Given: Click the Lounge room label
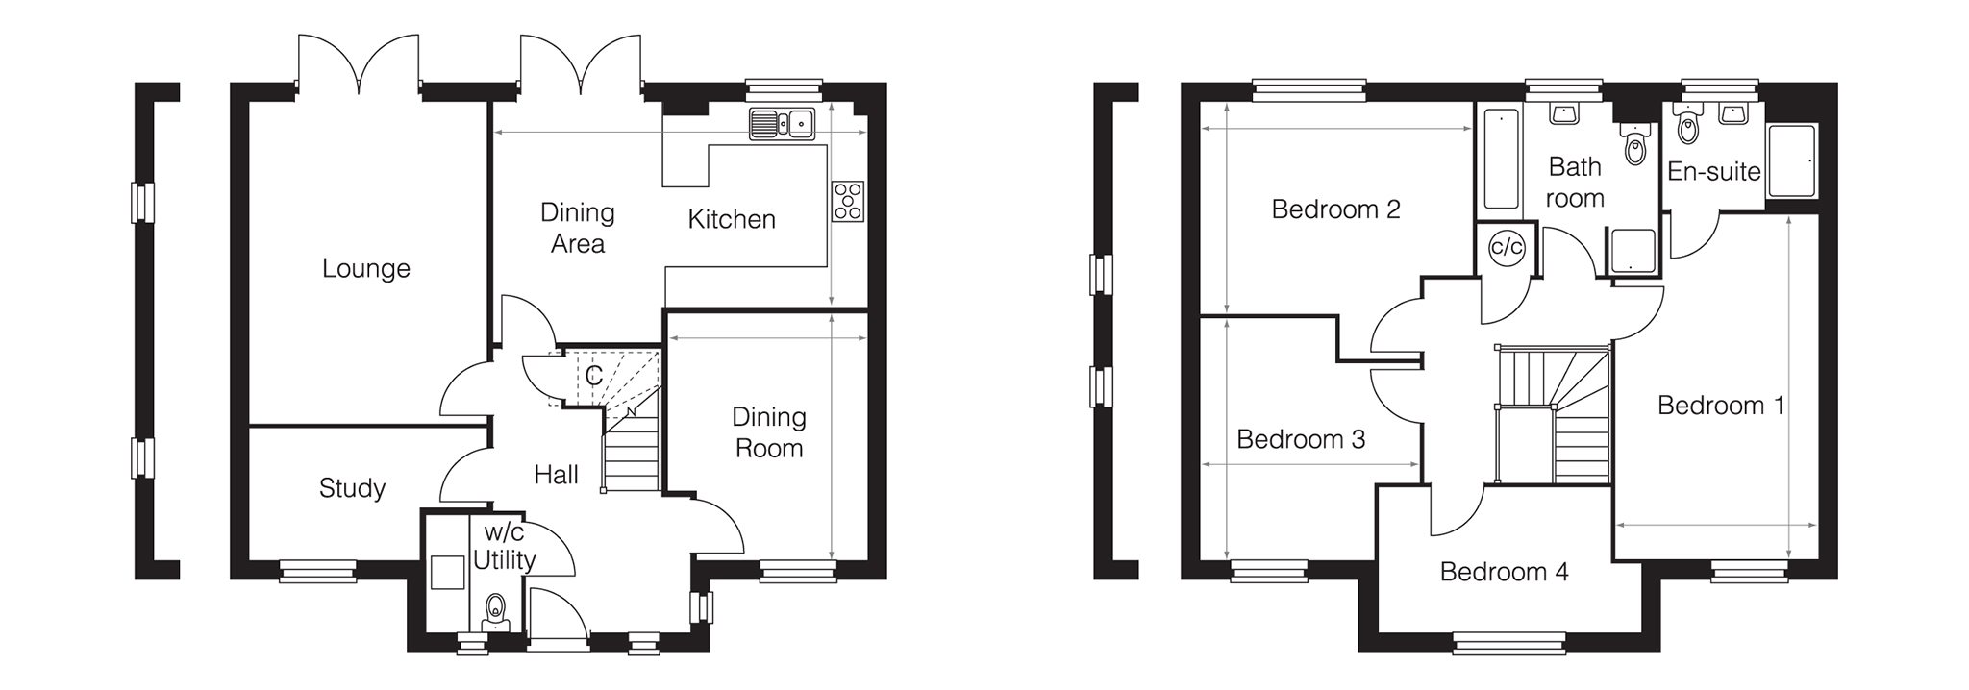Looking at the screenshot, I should click(x=365, y=268).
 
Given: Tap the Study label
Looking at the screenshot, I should click(x=352, y=488).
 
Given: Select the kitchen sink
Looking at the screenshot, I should click(x=782, y=123).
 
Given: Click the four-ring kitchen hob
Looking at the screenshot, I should click(x=848, y=202).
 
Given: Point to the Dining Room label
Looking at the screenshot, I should click(x=768, y=432).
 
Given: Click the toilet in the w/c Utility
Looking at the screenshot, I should click(x=495, y=608).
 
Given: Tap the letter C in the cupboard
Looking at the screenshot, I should click(x=593, y=376).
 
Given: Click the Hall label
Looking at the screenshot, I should click(x=556, y=474).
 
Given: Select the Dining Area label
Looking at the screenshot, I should click(x=577, y=228).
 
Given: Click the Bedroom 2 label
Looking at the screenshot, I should click(x=1335, y=209).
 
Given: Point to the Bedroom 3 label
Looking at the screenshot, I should click(x=1301, y=439).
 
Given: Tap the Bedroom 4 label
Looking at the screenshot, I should click(x=1504, y=572).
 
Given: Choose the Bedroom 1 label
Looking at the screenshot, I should click(x=1721, y=406).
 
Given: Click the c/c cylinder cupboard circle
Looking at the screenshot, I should click(x=1506, y=247).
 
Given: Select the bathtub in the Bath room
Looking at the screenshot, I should click(x=1501, y=159).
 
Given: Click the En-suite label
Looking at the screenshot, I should click(x=1713, y=172).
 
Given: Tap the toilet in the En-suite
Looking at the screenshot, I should click(x=1687, y=126).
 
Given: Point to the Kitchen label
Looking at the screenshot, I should click(x=731, y=219).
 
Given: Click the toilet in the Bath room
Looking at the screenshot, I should click(x=1634, y=146).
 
